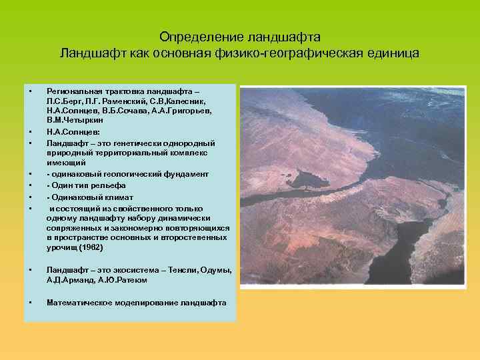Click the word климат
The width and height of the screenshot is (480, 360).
pyautogui.click(x=118, y=197)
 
